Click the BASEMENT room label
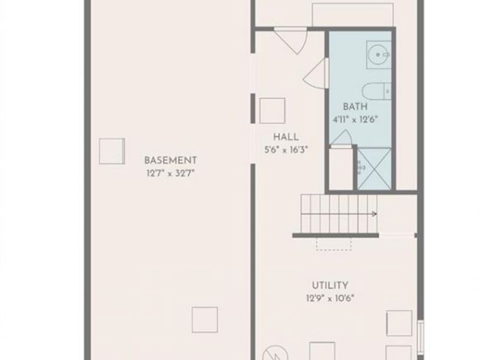pos(170,160)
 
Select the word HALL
pos(286,137)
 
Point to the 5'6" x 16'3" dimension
pos(286,150)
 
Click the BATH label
pos(355,107)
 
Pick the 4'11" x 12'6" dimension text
pos(355,119)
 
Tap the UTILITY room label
pos(330,285)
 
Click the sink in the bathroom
pos(379,53)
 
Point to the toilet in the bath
pos(376,91)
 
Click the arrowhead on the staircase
pos(374,214)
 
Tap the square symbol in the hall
pos(272,110)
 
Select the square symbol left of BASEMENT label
pos(111,151)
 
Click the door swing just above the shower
pos(341,138)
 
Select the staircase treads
pos(336,213)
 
